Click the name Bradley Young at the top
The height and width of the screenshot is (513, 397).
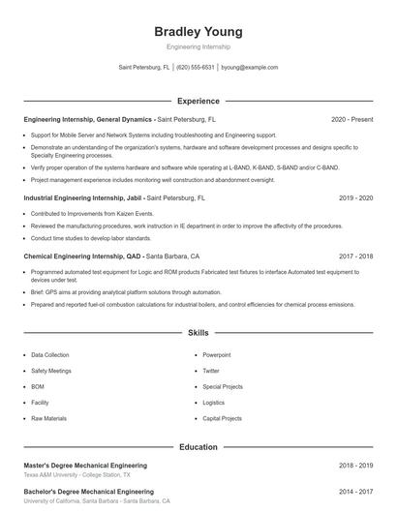click(198, 31)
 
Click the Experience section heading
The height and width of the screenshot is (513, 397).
click(198, 101)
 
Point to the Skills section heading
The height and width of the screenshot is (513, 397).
click(198, 332)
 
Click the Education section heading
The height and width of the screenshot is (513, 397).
click(198, 447)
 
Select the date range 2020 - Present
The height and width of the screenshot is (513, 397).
click(351, 119)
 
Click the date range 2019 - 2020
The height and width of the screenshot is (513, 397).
click(355, 197)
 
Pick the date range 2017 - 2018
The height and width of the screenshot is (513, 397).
click(355, 256)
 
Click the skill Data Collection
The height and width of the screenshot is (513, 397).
click(50, 355)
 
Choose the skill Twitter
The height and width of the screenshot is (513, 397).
click(211, 371)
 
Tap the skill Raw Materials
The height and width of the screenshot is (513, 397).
click(48, 418)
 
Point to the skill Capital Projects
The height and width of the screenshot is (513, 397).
click(222, 418)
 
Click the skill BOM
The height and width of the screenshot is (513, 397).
click(39, 386)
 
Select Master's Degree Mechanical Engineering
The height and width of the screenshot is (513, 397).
click(85, 466)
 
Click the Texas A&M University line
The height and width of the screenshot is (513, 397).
click(76, 475)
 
